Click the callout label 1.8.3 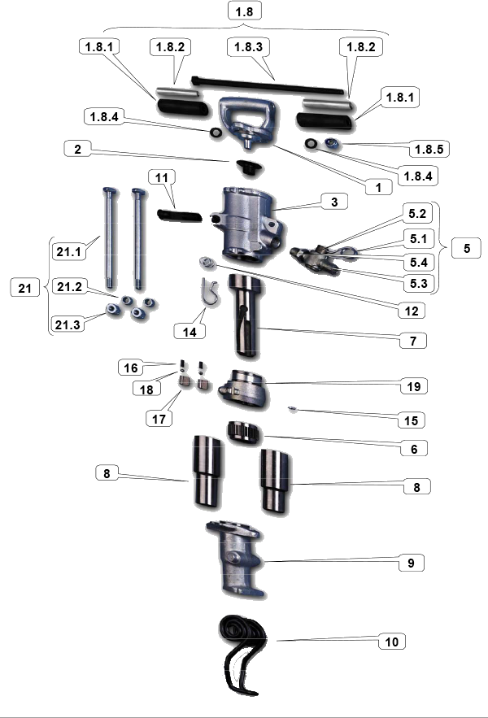pos(248,46)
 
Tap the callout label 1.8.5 pos(429,149)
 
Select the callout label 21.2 pos(69,287)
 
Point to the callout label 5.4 pos(418,262)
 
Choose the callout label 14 pos(190,332)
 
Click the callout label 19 pos(414,386)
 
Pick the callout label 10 pos(392,642)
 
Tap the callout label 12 pos(412,311)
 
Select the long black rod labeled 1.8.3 pos(268,85)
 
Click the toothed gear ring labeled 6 pos(244,433)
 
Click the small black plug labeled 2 pos(248,167)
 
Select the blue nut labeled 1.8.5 pos(331,144)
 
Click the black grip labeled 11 pos(179,215)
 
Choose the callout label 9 pos(411,563)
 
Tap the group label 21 pos(24,288)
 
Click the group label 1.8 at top pos(244,11)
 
